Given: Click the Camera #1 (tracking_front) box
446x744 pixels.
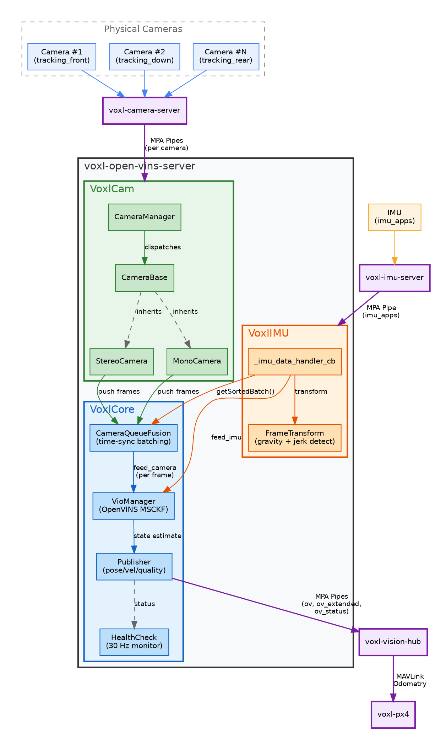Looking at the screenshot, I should pyautogui.click(x=62, y=56).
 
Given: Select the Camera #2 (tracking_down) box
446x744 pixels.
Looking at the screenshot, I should pyautogui.click(x=145, y=56).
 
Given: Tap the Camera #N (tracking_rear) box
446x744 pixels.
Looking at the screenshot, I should pyautogui.click(x=226, y=56).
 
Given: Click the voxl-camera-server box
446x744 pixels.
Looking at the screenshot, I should pyautogui.click(x=145, y=110).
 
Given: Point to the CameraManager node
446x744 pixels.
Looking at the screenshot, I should pyautogui.click(x=145, y=217).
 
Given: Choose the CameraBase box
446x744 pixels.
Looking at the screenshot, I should pyautogui.click(x=145, y=278).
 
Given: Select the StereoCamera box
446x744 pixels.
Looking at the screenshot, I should pyautogui.click(x=121, y=361).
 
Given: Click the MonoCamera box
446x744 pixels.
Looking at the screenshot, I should pyautogui.click(x=197, y=361).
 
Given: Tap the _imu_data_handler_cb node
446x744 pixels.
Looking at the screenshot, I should pyautogui.click(x=295, y=361).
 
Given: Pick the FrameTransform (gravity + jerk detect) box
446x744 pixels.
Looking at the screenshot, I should pyautogui.click(x=295, y=438).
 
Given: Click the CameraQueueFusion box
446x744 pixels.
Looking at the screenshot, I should pyautogui.click(x=134, y=438).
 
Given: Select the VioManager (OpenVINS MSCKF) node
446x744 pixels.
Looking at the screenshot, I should pyautogui.click(x=134, y=506).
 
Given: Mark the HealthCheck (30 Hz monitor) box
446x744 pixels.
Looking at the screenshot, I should pyautogui.click(x=134, y=642).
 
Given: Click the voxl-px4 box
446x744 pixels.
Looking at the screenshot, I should pyautogui.click(x=393, y=715).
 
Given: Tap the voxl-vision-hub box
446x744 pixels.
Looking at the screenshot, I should pyautogui.click(x=393, y=642).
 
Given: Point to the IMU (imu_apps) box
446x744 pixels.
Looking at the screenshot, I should pyautogui.click(x=395, y=217).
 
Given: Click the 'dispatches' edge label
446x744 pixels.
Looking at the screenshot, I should pyautogui.click(x=163, y=247).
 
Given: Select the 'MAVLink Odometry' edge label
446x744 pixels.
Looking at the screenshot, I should pyautogui.click(x=410, y=680).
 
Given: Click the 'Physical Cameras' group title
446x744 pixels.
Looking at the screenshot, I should pyautogui.click(x=143, y=29).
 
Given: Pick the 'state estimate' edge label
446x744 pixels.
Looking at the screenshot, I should pyautogui.click(x=157, y=536).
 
